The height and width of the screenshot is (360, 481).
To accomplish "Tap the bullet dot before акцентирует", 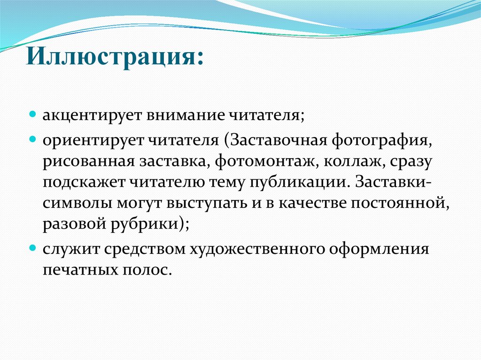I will (x=33, y=114).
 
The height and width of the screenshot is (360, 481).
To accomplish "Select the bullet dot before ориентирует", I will (x=33, y=140).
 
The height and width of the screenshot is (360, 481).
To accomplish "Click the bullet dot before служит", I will (x=33, y=247).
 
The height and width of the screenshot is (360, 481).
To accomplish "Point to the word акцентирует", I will (x=92, y=115).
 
